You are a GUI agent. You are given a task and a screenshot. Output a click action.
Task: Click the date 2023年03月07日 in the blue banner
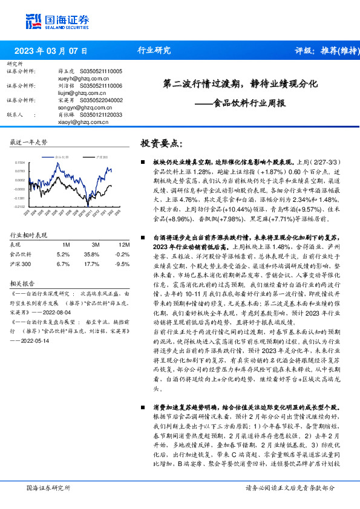(50, 51)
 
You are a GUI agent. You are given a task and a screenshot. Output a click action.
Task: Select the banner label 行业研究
(154, 51)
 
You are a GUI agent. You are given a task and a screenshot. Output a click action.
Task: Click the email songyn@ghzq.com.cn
(76, 107)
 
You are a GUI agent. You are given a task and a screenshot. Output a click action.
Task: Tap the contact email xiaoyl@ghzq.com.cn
(75, 122)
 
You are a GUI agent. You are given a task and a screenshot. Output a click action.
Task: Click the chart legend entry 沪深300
(102, 157)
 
